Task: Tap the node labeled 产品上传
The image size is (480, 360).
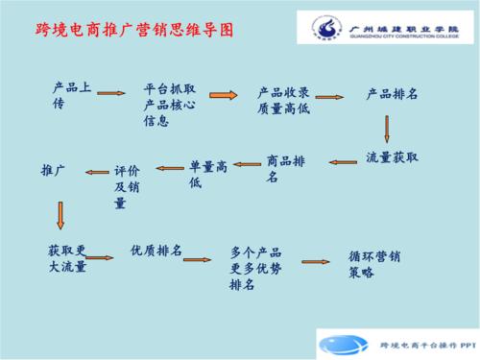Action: pyautogui.click(x=72, y=95)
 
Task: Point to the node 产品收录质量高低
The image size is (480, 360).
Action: pyautogui.click(x=282, y=100)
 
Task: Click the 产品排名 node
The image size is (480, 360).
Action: pyautogui.click(x=392, y=94)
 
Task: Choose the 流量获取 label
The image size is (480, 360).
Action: pyautogui.click(x=393, y=156)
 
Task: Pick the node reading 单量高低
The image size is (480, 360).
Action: pyautogui.click(x=208, y=174)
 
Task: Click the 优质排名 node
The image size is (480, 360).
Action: pyautogui.click(x=156, y=251)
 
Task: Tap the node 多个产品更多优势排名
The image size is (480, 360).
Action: pyautogui.click(x=256, y=268)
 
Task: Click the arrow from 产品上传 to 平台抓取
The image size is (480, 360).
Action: pyautogui.click(x=111, y=93)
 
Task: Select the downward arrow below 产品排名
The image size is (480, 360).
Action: pyautogui.click(x=388, y=129)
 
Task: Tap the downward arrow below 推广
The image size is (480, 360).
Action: pyautogui.click(x=60, y=213)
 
